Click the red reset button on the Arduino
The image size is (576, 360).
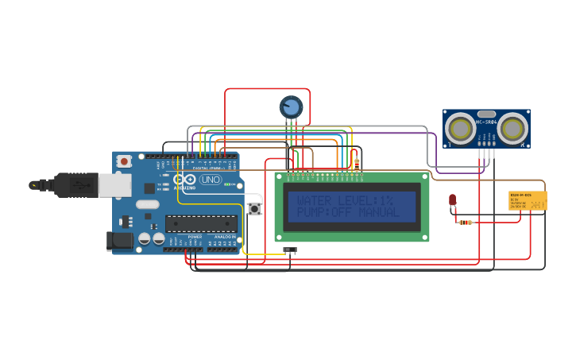click(123, 161)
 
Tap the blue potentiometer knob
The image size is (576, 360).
click(291, 106)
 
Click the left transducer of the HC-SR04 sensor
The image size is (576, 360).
click(460, 127)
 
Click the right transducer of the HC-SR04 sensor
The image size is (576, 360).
click(512, 127)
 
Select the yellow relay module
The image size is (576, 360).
click(528, 200)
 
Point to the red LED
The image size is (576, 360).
click(452, 200)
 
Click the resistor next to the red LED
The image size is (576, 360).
click(467, 223)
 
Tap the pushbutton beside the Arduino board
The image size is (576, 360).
click(255, 209)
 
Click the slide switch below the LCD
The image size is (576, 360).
click(290, 250)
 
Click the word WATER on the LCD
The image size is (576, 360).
click(316, 201)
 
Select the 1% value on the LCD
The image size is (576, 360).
click(385, 201)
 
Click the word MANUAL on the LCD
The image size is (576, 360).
click(379, 213)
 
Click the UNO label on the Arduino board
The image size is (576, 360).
click(211, 180)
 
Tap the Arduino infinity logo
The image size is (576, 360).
click(184, 180)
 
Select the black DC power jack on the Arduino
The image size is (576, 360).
click(119, 239)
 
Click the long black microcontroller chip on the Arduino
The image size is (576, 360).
click(200, 223)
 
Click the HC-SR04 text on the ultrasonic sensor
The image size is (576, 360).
click(486, 121)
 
